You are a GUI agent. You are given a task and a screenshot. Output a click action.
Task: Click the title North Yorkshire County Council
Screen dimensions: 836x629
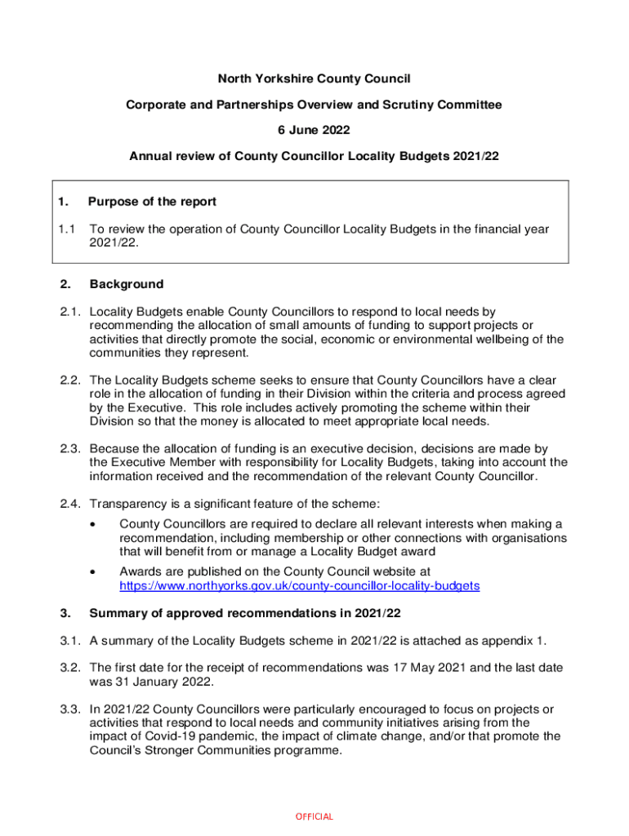tap(314, 79)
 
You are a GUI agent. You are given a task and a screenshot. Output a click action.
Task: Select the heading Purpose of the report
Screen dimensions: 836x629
tap(152, 202)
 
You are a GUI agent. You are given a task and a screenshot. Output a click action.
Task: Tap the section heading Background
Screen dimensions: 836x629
tap(126, 284)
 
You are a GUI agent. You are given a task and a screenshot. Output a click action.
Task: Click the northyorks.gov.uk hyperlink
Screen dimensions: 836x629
tap(299, 585)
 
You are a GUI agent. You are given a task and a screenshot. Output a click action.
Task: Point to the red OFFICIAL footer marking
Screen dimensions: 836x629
tap(314, 816)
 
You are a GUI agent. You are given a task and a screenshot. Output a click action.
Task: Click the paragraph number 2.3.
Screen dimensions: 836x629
tap(69, 448)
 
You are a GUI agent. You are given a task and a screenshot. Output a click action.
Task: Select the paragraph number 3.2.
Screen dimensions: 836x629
tap(69, 667)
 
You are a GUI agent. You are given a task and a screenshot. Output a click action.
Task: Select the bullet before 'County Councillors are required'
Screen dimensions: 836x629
tap(96, 523)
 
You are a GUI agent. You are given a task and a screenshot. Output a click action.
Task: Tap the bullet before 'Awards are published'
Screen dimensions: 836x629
tap(96, 571)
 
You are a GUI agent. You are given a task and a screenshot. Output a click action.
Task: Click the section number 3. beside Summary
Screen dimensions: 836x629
tap(64, 612)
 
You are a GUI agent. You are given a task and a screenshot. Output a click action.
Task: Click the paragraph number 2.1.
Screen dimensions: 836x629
tap(69, 312)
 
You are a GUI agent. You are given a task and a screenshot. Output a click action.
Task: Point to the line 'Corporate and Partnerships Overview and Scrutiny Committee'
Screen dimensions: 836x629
tap(314, 104)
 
